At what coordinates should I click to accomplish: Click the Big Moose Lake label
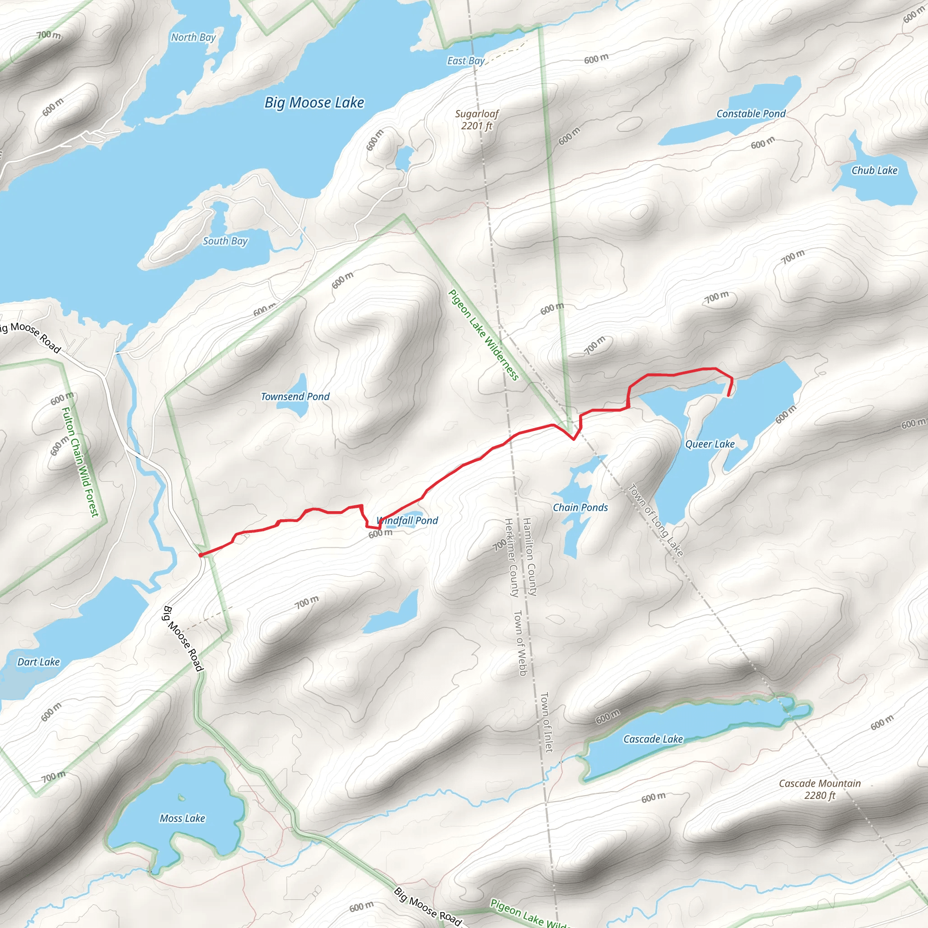click(314, 103)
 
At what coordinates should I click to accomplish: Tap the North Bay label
click(193, 38)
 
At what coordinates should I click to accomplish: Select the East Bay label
click(465, 61)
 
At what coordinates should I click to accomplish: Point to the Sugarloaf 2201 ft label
click(477, 120)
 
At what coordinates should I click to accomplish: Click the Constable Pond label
click(751, 114)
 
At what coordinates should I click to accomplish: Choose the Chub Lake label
click(874, 170)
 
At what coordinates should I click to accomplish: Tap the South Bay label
click(225, 241)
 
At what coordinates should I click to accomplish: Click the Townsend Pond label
click(295, 397)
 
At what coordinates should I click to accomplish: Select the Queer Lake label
click(710, 445)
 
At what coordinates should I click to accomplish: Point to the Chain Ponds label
click(580, 507)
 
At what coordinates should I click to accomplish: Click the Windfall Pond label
click(407, 521)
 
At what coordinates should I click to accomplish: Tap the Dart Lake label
click(39, 662)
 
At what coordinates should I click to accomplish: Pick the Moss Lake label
click(183, 818)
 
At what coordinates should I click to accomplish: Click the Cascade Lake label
click(653, 739)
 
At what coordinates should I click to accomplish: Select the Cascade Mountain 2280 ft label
click(819, 789)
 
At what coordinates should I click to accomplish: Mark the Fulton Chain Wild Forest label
click(80, 462)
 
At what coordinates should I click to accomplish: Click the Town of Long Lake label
click(656, 520)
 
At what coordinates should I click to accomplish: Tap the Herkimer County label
click(511, 558)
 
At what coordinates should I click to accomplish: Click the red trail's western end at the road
click(200, 555)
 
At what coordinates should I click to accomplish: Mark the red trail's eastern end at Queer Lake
click(729, 396)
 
